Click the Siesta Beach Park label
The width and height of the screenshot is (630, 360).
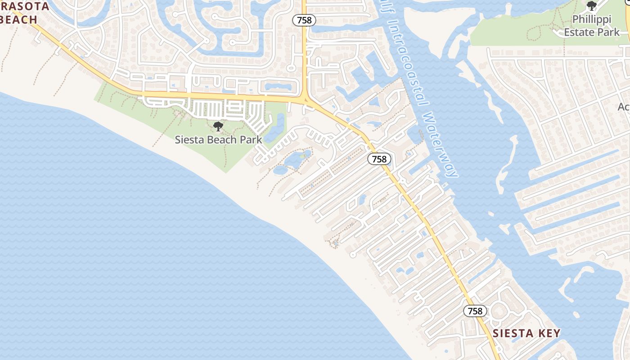[218, 139]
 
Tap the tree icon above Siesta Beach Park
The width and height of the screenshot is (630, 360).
[218, 126]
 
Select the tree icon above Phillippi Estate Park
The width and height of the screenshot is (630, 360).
[592, 6]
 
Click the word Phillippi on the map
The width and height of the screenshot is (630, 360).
[592, 20]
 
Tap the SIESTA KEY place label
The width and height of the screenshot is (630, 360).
[526, 333]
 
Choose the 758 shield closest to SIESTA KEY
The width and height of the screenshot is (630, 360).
[475, 311]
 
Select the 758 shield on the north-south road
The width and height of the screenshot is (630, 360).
[304, 20]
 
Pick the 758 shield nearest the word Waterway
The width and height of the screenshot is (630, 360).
[379, 159]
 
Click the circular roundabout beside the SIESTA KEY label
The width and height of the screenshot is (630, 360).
[499, 311]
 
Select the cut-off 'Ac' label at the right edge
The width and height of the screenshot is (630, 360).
[624, 107]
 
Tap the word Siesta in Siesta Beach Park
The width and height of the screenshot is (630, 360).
[189, 139]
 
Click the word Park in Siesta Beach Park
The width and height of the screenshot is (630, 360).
[251, 139]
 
